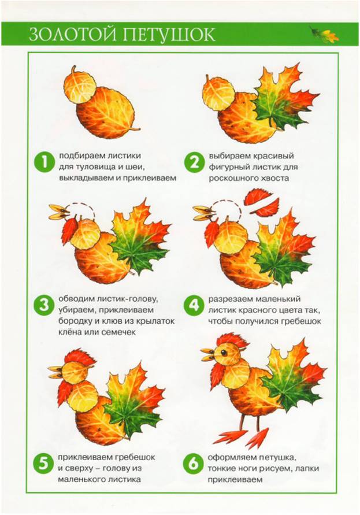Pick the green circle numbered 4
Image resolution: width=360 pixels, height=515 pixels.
[x=194, y=306]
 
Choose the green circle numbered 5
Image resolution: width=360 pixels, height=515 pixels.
[x=43, y=464]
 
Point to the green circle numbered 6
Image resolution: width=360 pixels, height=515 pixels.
[x=194, y=464]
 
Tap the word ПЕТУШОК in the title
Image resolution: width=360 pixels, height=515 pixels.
[x=169, y=35]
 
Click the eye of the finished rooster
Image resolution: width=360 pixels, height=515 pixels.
[x=224, y=353]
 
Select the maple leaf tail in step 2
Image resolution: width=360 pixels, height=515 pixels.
[x=285, y=98]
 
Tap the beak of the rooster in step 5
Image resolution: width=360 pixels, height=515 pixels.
[x=56, y=372]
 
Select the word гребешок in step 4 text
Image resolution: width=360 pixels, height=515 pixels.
[x=301, y=321]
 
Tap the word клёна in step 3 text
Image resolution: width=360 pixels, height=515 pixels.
[x=70, y=332]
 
